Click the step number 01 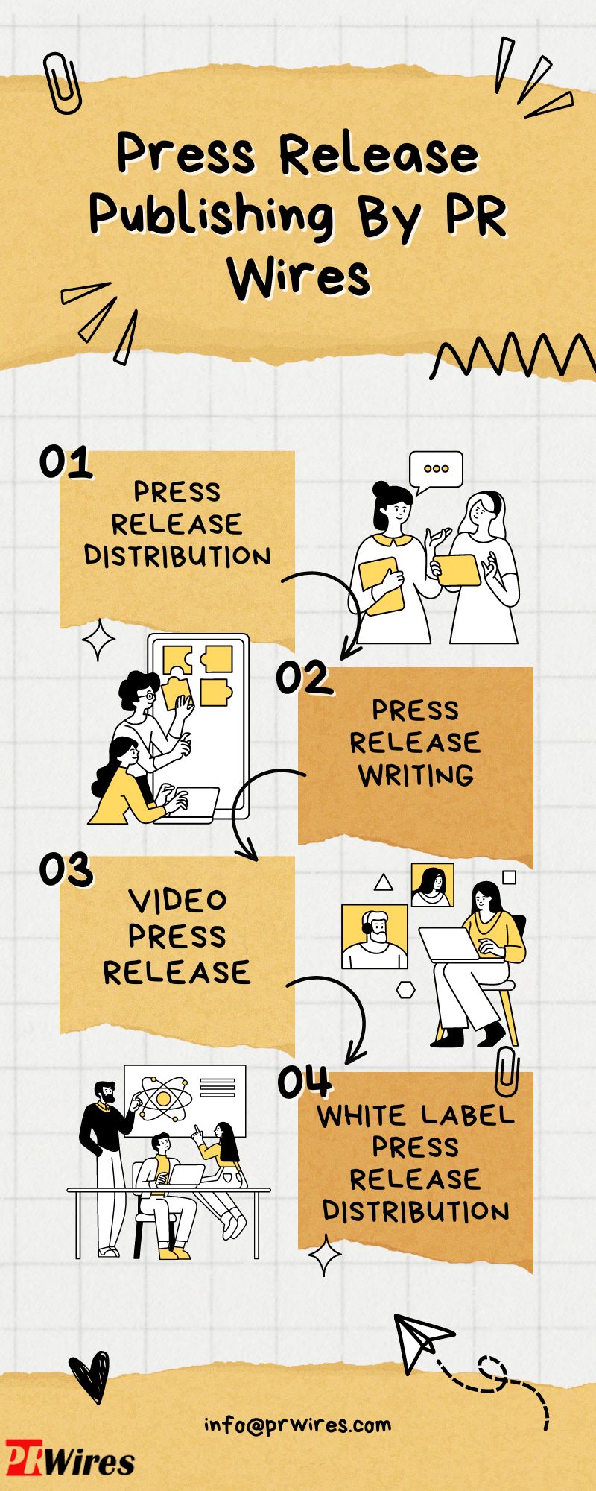point(66,463)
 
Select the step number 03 point(66,869)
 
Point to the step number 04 point(304,1082)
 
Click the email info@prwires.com point(298,1425)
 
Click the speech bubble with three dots point(436,471)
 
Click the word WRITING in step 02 point(416,775)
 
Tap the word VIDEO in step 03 point(177,901)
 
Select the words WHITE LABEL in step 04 point(416,1116)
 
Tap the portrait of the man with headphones point(375,936)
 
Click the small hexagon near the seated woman point(405,989)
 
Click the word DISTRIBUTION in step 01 point(177,556)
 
